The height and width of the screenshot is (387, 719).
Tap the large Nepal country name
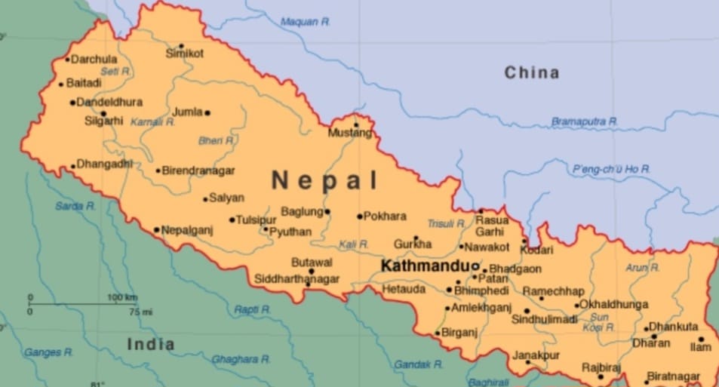[x=324, y=180]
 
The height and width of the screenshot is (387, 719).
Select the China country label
[x=532, y=72]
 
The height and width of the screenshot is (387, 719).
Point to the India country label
[x=151, y=344]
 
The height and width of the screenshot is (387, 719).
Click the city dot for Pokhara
[x=360, y=217]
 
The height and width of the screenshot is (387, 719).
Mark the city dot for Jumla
[x=207, y=113]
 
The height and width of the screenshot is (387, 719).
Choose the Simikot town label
[x=185, y=53]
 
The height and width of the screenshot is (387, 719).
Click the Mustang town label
[x=350, y=134]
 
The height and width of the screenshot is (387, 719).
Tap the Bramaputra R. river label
[x=584, y=121]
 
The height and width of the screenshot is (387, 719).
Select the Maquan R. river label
[x=306, y=22]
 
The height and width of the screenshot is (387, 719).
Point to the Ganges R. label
[x=48, y=352]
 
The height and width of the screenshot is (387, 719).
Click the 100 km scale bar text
[x=122, y=297]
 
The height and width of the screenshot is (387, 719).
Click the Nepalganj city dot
[x=156, y=229]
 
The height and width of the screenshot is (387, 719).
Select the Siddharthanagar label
[x=297, y=279]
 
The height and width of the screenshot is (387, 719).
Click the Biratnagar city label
[x=674, y=376]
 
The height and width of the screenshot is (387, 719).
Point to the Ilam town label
[x=701, y=347]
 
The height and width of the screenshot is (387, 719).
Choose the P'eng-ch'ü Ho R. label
[x=611, y=169]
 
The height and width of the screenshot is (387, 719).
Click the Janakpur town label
[x=536, y=355]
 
